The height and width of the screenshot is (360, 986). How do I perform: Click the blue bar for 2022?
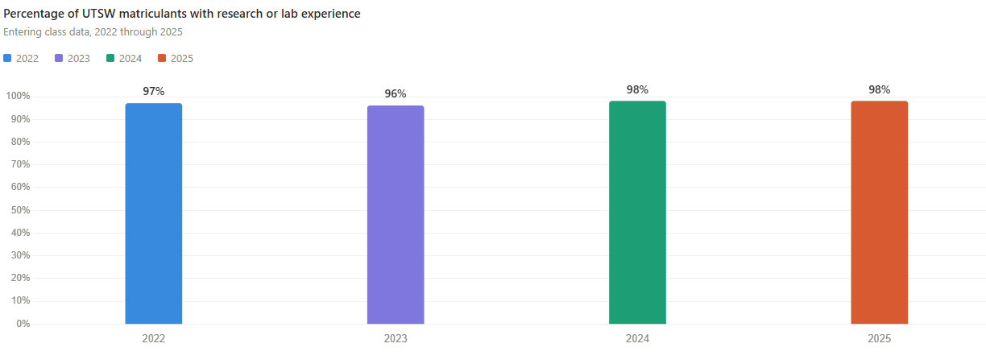click(x=153, y=213)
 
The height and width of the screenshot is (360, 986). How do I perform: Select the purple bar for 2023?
click(x=396, y=214)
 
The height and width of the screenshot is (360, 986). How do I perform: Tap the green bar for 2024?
click(x=637, y=212)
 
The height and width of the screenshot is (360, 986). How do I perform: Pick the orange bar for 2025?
click(x=879, y=212)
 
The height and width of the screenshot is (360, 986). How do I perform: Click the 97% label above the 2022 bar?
click(x=153, y=92)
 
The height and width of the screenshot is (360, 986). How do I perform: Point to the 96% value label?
click(x=396, y=94)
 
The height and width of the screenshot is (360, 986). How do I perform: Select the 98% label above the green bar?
click(x=637, y=89)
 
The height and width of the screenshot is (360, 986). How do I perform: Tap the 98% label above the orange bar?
click(x=879, y=89)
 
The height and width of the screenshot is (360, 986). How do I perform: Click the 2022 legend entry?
click(x=22, y=58)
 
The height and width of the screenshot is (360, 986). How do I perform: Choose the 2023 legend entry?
click(x=72, y=58)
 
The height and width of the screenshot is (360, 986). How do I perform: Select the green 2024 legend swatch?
click(x=110, y=58)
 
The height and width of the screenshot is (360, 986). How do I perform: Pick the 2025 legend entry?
click(x=176, y=58)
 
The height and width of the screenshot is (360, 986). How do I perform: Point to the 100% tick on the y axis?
click(x=18, y=97)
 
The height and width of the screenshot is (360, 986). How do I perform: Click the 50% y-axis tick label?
click(x=20, y=210)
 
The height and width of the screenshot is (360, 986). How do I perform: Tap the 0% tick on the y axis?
click(x=23, y=324)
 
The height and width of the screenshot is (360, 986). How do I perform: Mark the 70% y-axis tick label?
click(x=20, y=164)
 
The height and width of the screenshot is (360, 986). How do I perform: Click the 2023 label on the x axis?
click(x=396, y=339)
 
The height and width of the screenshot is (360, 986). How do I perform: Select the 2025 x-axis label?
click(x=879, y=339)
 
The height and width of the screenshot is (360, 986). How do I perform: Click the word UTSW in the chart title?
click(x=100, y=14)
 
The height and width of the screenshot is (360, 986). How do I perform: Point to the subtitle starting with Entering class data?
click(x=93, y=32)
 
